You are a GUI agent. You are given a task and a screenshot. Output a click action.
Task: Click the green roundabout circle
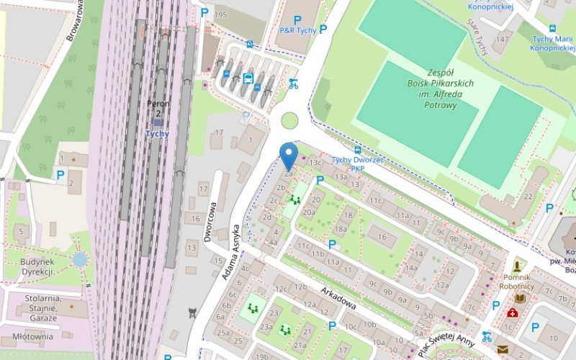[x=289, y=120]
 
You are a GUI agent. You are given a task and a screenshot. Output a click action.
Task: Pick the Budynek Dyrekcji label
[x=37, y=266]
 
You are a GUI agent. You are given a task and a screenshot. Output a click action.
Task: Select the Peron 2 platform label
[x=157, y=108]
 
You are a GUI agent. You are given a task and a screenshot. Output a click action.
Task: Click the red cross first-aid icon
[x=512, y=312]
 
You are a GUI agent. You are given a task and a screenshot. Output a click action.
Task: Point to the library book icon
[x=519, y=297]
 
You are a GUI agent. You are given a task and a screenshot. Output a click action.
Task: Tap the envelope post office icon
[x=502, y=350]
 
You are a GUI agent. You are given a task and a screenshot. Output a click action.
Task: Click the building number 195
[x=220, y=15]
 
